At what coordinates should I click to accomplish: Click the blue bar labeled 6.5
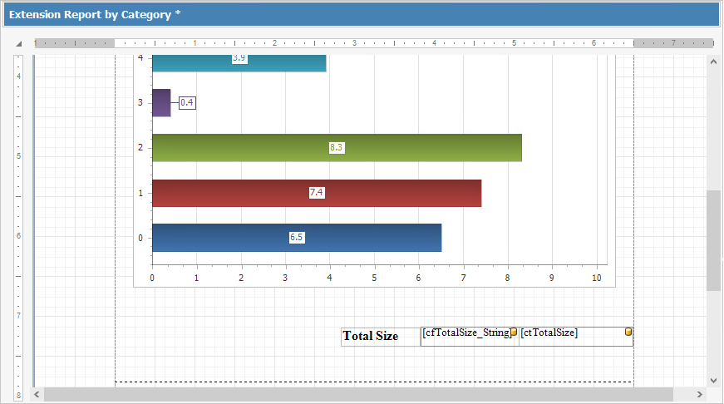tap(374, 238)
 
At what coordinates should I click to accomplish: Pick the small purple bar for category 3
tap(161, 102)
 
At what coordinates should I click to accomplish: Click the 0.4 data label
tap(187, 102)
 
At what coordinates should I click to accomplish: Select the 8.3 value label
tap(337, 147)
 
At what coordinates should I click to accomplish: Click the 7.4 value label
tap(317, 193)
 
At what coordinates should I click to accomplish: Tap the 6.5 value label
tap(297, 238)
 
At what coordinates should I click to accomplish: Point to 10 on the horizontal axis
tap(596, 278)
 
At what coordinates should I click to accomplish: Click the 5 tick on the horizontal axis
tap(374, 278)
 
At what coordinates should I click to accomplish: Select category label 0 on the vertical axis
tap(140, 239)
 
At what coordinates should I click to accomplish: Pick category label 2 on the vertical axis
tap(140, 148)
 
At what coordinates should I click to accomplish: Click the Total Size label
tap(371, 337)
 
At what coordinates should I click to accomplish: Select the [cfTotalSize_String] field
tap(466, 333)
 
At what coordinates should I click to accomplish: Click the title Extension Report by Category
tap(95, 15)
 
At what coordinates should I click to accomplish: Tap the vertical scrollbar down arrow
tap(713, 379)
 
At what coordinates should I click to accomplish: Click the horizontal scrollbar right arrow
tap(700, 393)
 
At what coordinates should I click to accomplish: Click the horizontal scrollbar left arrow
tap(37, 393)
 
